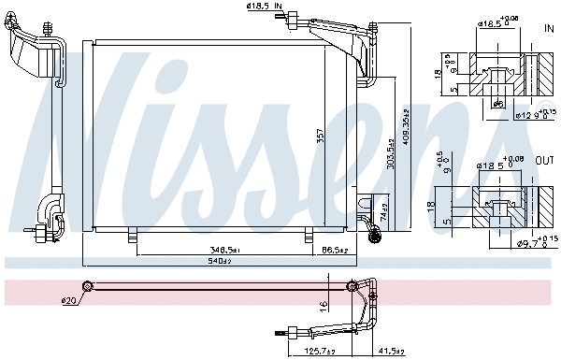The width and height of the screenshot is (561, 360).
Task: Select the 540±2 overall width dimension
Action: click(x=220, y=261)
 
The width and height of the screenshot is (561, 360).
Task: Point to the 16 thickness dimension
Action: click(x=323, y=305)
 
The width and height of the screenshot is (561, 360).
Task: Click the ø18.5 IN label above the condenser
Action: click(x=266, y=7)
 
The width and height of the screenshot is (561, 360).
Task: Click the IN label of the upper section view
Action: click(x=549, y=29)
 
